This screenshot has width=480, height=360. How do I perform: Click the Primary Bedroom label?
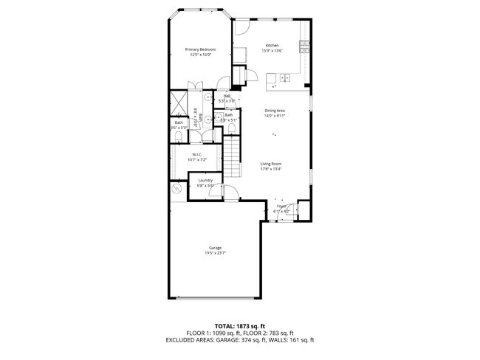tap(201, 49)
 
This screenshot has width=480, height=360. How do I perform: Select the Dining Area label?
tap(275, 111)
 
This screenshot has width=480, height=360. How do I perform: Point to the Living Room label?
tap(271, 164)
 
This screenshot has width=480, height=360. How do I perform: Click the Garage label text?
tap(215, 248)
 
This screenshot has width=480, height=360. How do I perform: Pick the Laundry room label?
tap(205, 181)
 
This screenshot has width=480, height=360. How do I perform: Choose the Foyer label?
tap(281, 206)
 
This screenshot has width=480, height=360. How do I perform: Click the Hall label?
tap(227, 96)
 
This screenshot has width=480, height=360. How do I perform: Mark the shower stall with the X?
tap(179, 101)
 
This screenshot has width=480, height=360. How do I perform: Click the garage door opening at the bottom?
tap(214, 297)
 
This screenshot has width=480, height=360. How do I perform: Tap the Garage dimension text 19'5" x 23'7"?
tap(215, 253)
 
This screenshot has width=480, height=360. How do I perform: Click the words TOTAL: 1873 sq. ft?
tap(240, 325)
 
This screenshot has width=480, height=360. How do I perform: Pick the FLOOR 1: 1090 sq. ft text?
tap(213, 333)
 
